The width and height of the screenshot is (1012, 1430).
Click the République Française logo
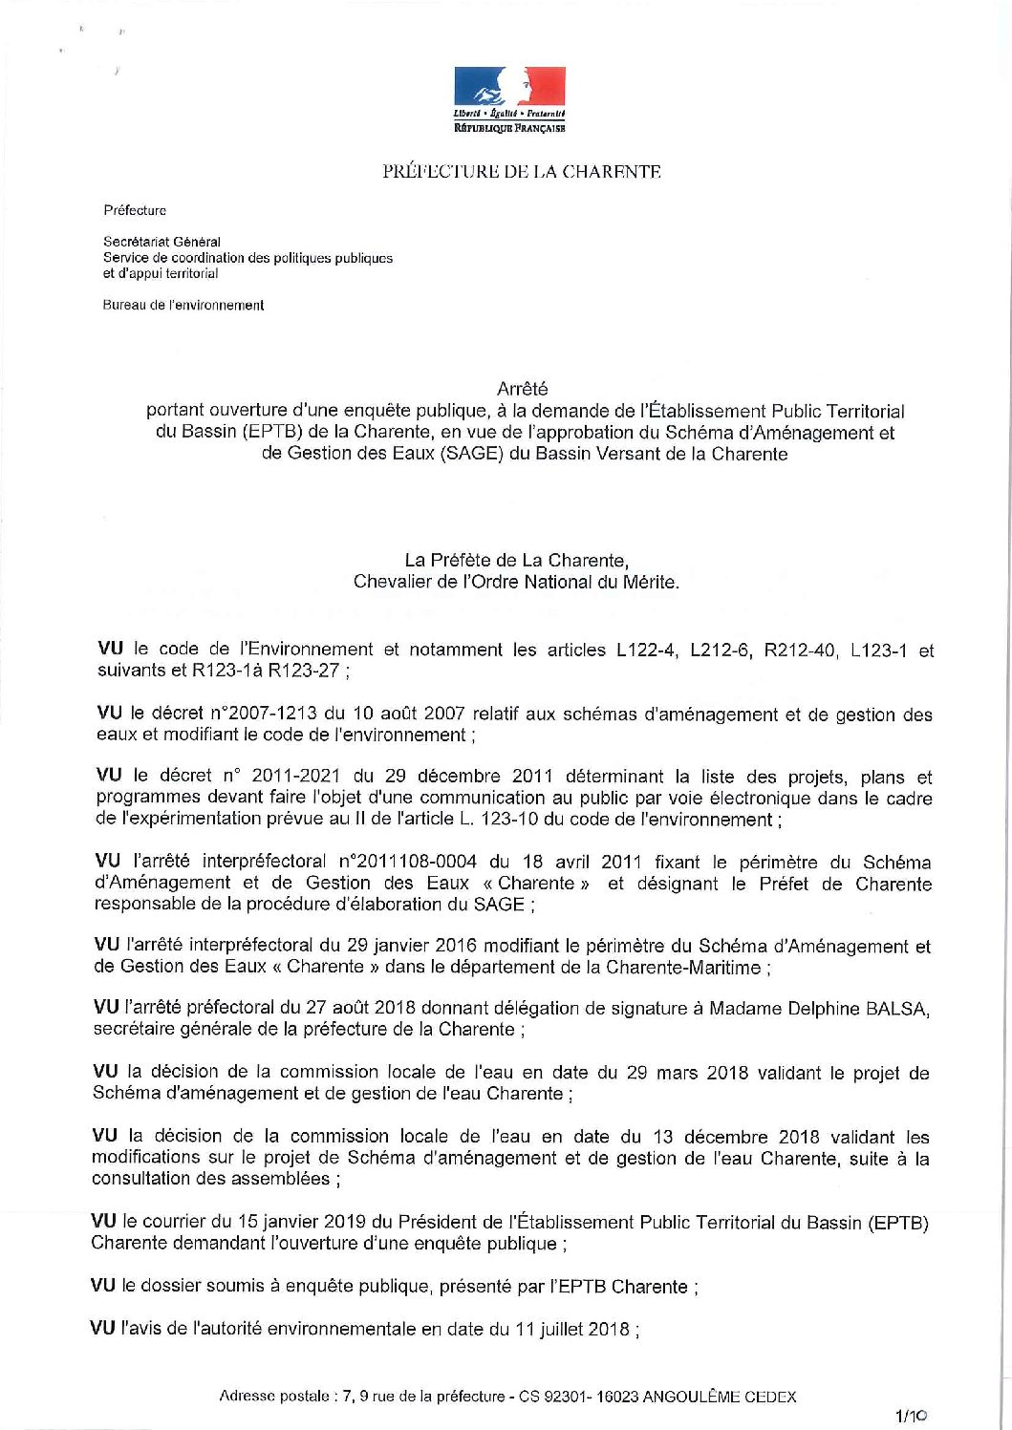pyautogui.click(x=509, y=98)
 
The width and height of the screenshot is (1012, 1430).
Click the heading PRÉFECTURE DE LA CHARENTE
pyautogui.click(x=522, y=172)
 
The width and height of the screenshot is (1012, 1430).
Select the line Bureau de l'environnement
pyautogui.click(x=183, y=306)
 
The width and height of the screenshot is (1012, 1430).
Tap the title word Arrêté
pyautogui.click(x=523, y=389)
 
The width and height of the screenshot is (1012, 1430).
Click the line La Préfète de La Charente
pyautogui.click(x=516, y=561)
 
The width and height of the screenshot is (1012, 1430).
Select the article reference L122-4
pyautogui.click(x=647, y=651)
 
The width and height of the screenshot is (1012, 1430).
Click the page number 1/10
pyautogui.click(x=910, y=1417)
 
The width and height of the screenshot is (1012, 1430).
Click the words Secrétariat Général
pyautogui.click(x=161, y=242)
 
